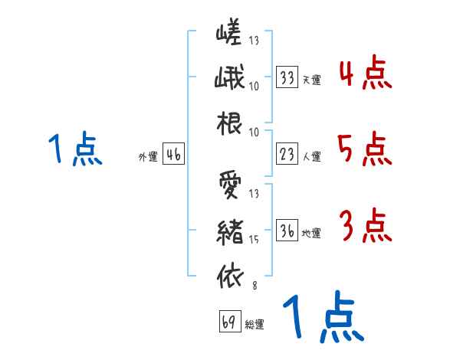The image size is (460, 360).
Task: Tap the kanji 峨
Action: point(229,78)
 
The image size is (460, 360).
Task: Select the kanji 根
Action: point(229,123)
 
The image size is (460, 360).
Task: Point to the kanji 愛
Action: point(229,185)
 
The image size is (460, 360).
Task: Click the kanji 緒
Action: point(229,231)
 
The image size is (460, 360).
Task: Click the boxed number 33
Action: point(287,77)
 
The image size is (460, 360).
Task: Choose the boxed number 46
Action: point(173,155)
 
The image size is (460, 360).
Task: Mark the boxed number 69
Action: point(228,322)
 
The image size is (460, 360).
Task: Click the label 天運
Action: point(311,80)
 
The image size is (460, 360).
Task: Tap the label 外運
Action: point(147,157)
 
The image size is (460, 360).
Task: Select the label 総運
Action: point(255,324)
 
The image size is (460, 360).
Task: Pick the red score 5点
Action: point(364,149)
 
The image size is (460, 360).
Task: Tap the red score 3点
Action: point(364,226)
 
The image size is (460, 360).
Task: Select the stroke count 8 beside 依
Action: point(254,286)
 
